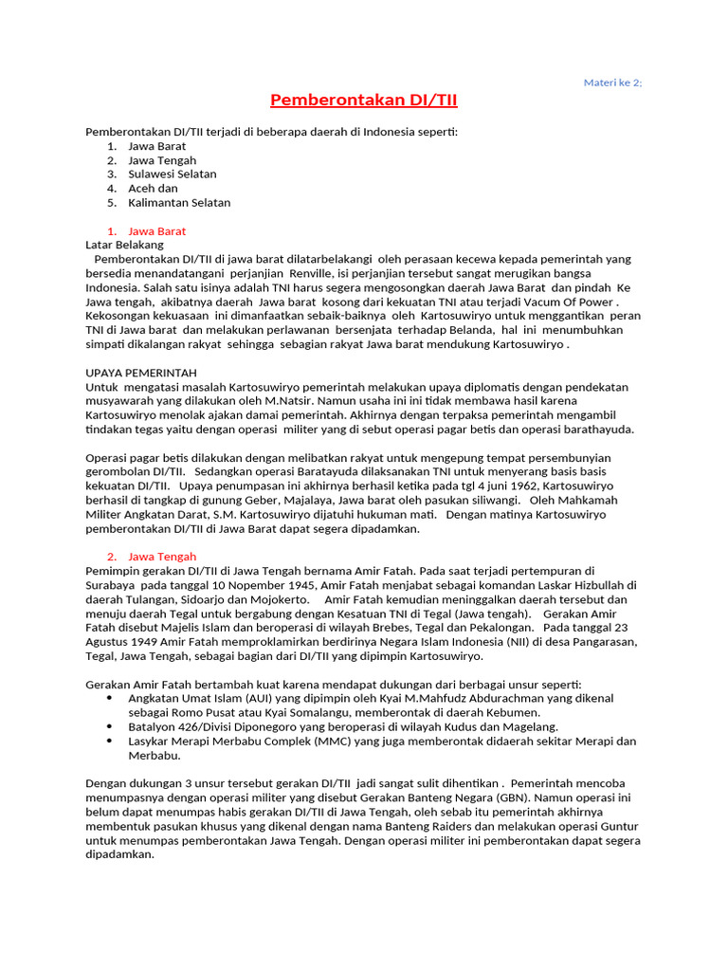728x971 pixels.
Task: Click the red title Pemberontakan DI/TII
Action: coord(364,101)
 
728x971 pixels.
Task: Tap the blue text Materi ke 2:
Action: coord(612,82)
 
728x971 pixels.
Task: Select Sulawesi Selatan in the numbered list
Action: coord(173,174)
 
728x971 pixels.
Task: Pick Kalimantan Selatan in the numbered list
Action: coord(179,202)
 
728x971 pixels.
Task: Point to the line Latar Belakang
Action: coord(124,245)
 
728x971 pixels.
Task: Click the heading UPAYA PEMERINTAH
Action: coord(141,373)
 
